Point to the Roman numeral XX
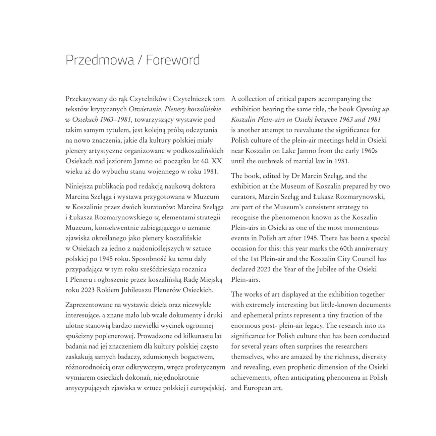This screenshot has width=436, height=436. pyautogui.click(x=217, y=161)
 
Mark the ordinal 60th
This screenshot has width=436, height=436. pyautogui.click(x=342, y=249)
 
